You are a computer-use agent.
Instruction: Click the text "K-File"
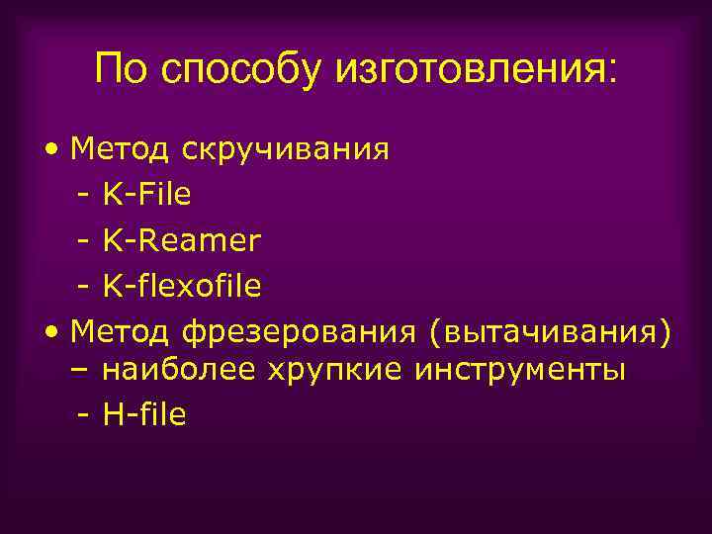146,196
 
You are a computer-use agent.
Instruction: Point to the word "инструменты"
520,372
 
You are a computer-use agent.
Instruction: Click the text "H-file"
143,414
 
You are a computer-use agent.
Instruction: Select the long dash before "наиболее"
82,373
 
